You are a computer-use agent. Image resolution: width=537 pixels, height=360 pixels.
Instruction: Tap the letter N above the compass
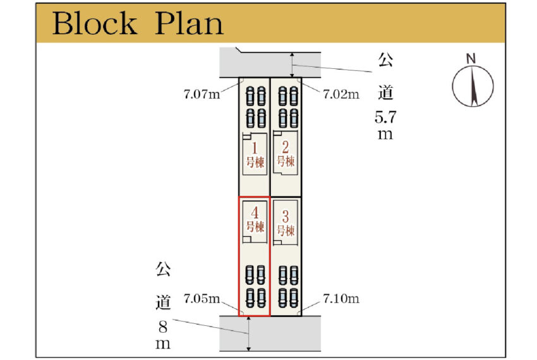pos(471,59)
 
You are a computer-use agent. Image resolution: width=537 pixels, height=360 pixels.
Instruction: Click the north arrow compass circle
pos(473,85)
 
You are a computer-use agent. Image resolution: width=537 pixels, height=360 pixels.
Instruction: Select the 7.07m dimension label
pos(202,95)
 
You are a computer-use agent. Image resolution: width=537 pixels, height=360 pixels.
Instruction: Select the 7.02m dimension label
pos(341,95)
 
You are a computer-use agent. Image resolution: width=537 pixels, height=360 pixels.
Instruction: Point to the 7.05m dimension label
pos(202,298)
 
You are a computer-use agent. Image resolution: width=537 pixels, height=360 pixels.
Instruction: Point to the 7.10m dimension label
pos(341,298)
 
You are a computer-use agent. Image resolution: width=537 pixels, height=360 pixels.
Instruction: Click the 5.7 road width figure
pos(385,117)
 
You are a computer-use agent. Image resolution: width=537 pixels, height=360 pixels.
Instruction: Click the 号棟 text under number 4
pos(255,226)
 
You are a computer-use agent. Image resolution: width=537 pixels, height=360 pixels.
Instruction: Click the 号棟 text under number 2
pos(286,162)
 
